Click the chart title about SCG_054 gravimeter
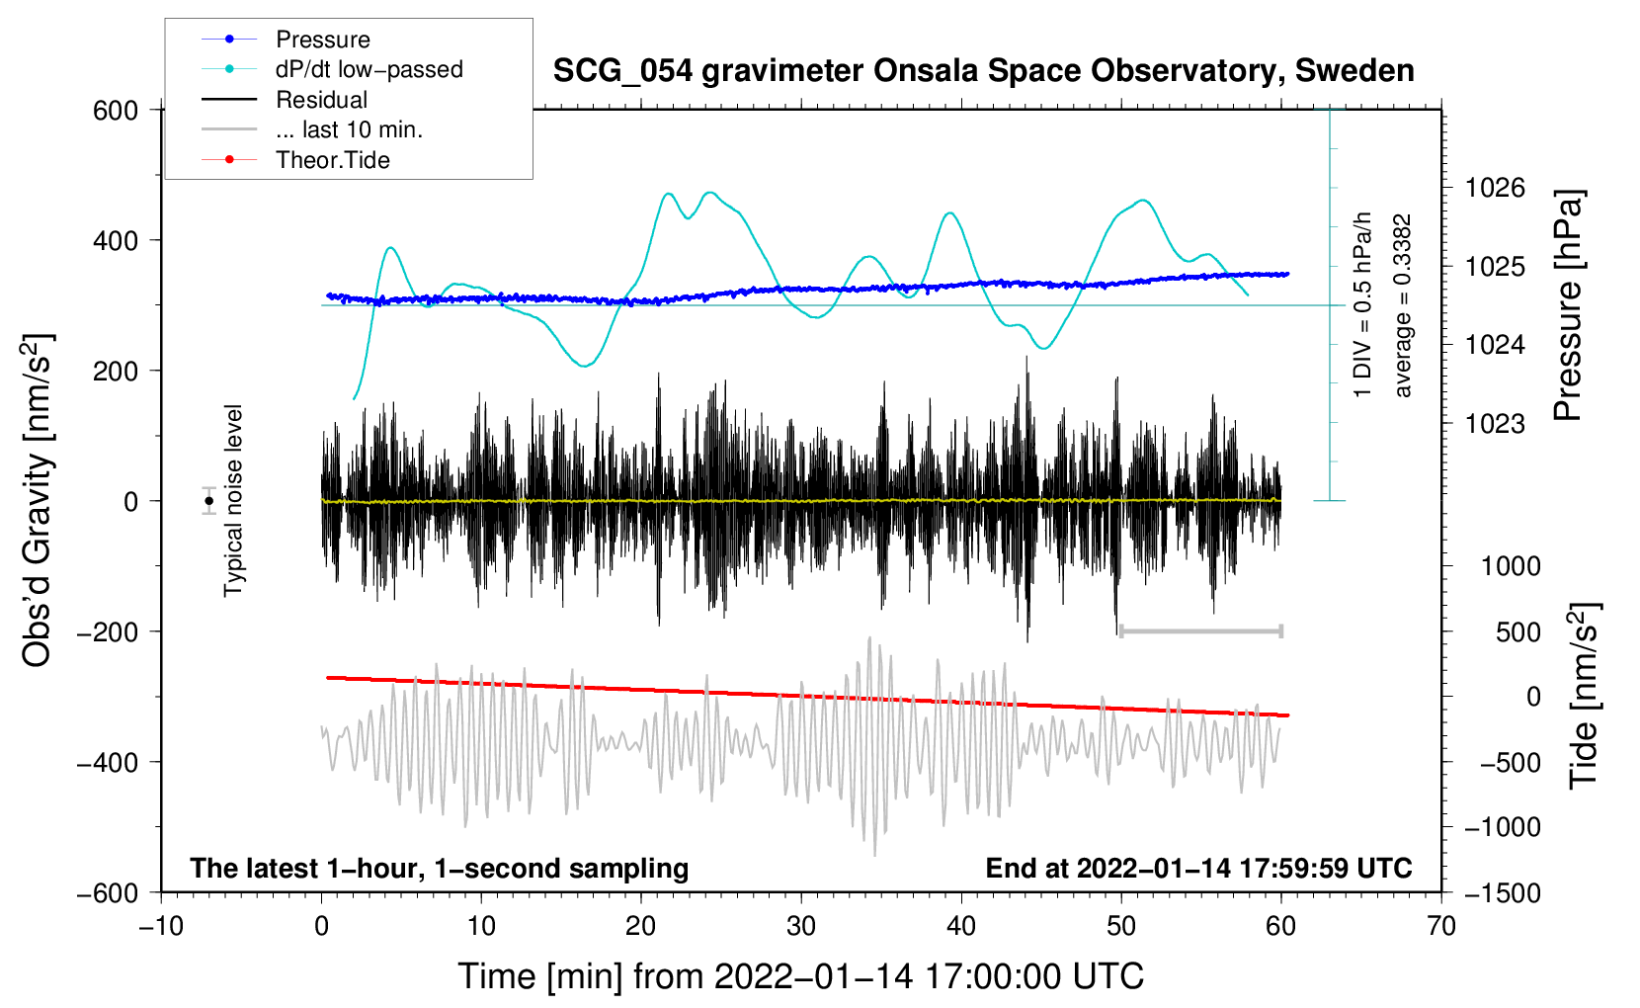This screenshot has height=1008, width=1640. pos(983,71)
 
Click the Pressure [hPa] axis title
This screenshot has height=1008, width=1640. pos(1568,305)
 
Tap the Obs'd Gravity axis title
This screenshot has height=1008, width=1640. pos(38,501)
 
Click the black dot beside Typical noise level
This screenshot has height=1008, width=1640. pos(209,501)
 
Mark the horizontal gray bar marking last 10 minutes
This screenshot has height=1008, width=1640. pos(1200,630)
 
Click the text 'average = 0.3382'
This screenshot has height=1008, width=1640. pos(1403,305)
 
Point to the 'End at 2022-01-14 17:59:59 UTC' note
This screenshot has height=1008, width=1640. pos(1198,868)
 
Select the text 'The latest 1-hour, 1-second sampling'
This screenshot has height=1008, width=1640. pos(440,868)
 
